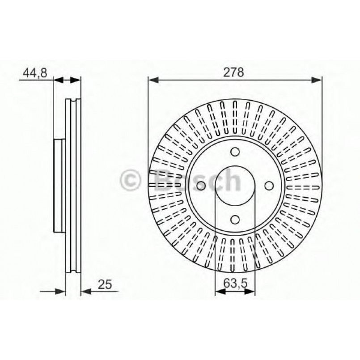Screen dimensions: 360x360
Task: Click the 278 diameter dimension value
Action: pos(235,72)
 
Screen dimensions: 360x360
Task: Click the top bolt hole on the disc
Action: pos(235,152)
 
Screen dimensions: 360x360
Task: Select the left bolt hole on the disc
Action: pos(201,185)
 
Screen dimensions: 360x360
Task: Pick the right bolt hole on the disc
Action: pos(268,185)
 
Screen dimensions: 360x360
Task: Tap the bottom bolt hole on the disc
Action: pos(235,219)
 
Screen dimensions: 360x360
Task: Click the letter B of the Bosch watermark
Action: pos(162,180)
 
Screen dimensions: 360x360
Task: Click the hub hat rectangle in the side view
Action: pos(59,185)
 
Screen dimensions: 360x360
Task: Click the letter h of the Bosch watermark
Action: pos(232,180)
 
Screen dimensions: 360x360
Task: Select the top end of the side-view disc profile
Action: pos(73,99)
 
